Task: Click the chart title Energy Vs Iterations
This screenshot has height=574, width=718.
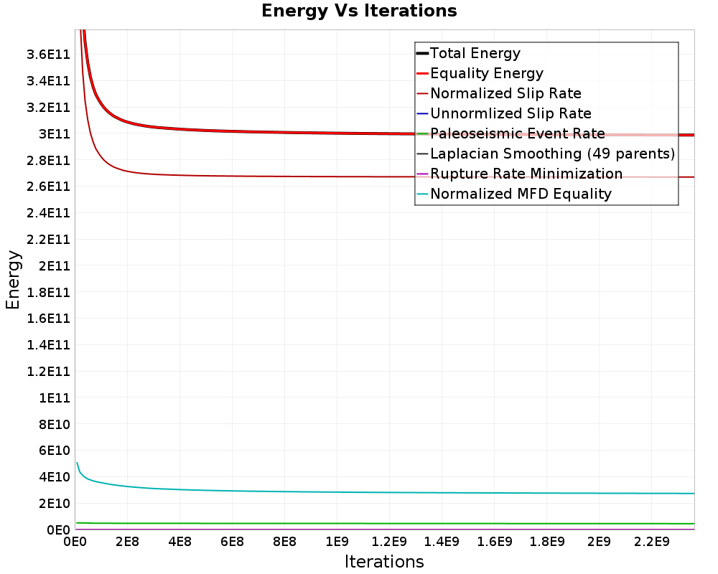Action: (x=359, y=11)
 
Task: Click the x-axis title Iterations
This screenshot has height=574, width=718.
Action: (x=384, y=561)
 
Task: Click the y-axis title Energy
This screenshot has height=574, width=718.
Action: (x=13, y=280)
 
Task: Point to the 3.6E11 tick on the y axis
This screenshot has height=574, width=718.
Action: (x=49, y=55)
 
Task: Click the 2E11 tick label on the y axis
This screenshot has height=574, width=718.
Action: (x=55, y=266)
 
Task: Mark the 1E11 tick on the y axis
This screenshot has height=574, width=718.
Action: (x=55, y=397)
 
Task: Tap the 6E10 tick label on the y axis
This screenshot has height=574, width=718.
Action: (x=55, y=451)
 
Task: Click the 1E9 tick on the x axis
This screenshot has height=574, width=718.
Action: (x=337, y=542)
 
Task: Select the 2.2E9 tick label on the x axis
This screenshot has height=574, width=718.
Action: (x=652, y=542)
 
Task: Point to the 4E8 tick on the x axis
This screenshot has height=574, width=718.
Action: (x=180, y=542)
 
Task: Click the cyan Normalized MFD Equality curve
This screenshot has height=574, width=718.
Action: (x=385, y=492)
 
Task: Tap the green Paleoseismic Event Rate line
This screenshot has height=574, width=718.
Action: (x=385, y=523)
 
